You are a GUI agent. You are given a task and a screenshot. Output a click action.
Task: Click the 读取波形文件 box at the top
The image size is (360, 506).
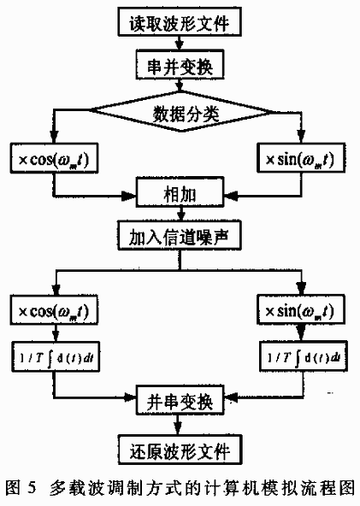click(x=179, y=18)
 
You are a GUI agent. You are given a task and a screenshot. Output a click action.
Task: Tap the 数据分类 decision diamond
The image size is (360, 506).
click(x=179, y=112)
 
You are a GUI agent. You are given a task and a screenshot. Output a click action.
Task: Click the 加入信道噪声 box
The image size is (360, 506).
click(x=179, y=233)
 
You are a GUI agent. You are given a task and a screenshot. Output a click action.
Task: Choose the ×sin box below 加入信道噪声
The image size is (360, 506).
click(x=301, y=311)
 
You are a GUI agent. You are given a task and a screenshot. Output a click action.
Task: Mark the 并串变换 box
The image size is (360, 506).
click(x=179, y=398)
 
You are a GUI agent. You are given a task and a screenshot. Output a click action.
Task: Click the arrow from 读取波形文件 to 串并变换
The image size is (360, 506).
click(x=179, y=40)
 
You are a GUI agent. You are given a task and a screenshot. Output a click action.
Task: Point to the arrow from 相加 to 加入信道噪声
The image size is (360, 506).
click(x=179, y=212)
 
